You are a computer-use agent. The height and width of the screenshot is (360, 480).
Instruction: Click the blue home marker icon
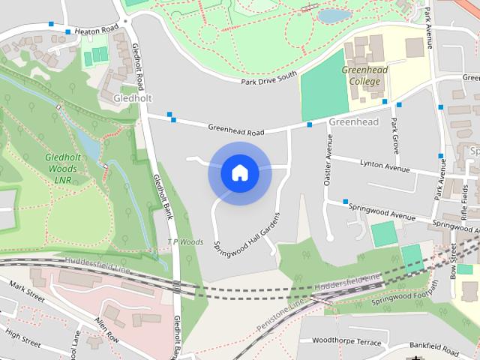click(x=239, y=173)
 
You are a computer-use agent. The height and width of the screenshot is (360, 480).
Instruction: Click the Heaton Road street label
click(x=94, y=28)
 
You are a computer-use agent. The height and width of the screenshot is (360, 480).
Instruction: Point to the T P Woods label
click(x=185, y=242)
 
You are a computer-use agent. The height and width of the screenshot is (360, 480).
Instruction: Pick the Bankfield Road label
click(x=437, y=349)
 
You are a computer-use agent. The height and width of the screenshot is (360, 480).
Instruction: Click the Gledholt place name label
click(x=132, y=98)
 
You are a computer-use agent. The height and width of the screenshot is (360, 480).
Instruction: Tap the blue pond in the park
click(x=334, y=16)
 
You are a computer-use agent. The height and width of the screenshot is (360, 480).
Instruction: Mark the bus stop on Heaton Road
click(x=68, y=32)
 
